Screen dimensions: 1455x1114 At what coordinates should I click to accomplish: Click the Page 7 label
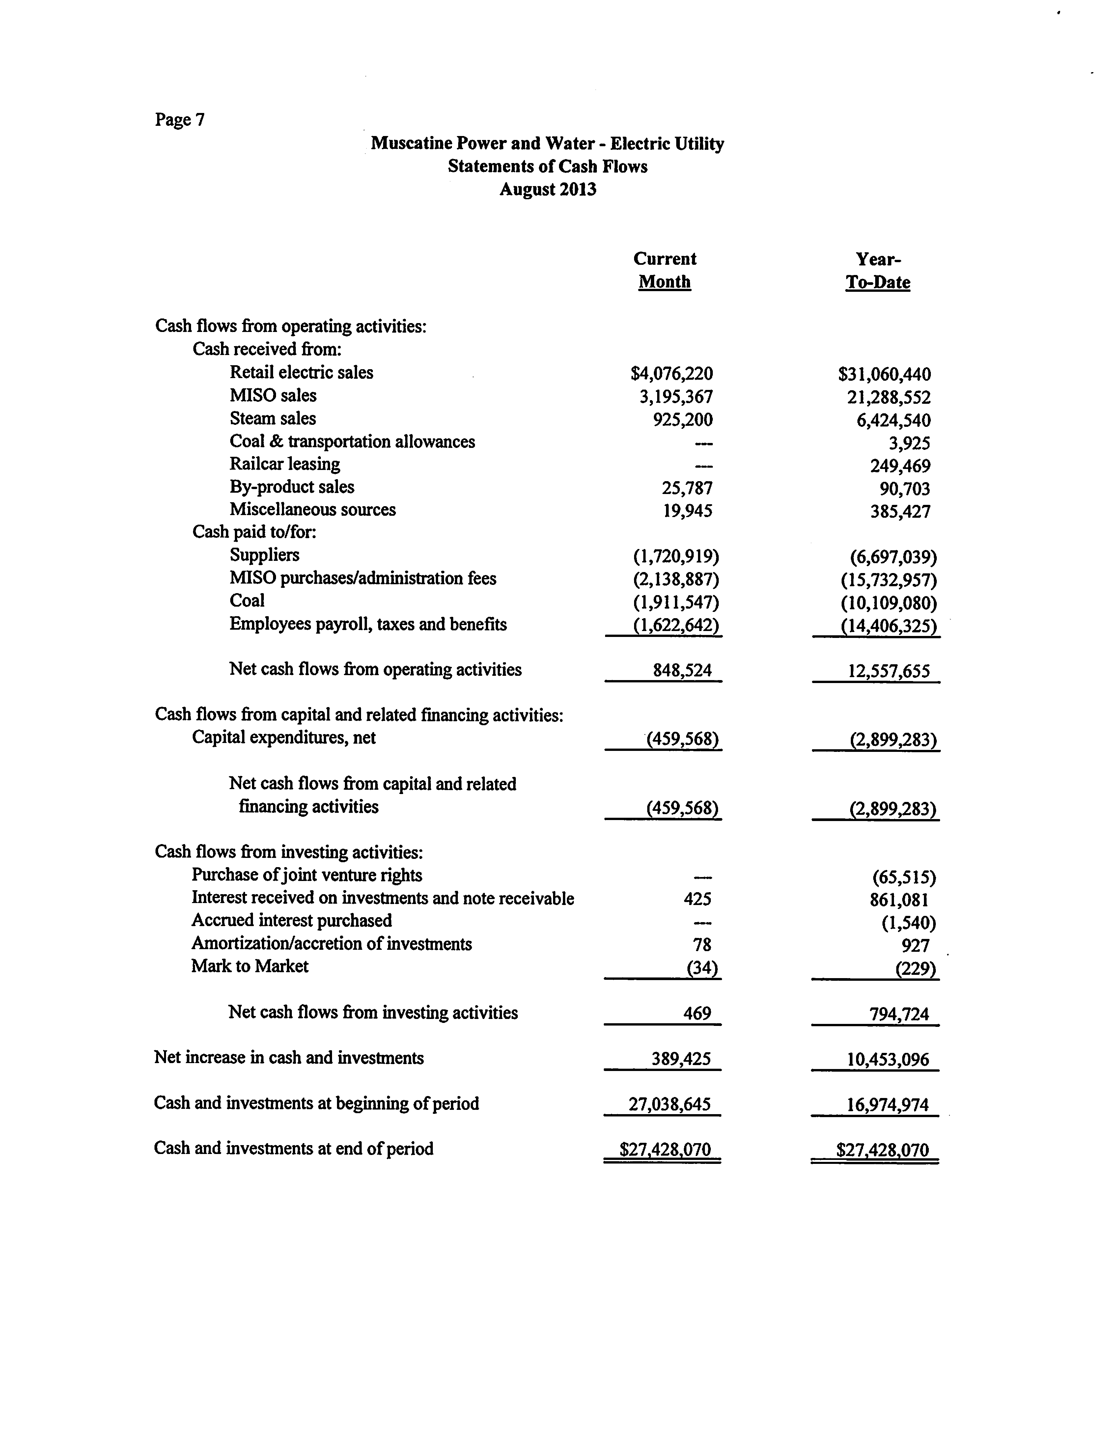[180, 120]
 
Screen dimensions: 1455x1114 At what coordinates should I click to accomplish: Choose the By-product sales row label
[292, 487]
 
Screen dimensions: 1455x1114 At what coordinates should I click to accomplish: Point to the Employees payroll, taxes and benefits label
[368, 624]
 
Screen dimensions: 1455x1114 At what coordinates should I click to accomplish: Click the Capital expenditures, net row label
[284, 738]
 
